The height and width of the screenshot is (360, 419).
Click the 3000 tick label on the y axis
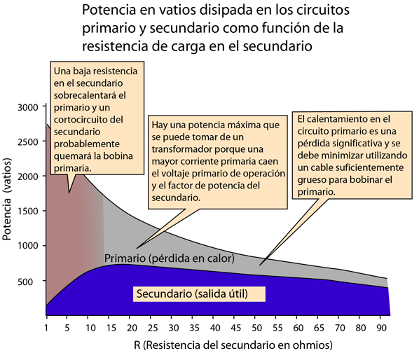click(28, 107)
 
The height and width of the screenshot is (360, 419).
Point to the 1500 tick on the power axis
click(28, 211)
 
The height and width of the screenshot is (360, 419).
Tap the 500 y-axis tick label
click(25, 282)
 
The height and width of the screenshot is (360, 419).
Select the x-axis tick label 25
click(153, 327)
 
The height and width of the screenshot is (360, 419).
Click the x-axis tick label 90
click(381, 327)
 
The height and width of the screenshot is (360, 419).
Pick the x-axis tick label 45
click(236, 327)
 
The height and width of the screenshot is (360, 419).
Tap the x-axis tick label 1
click(46, 327)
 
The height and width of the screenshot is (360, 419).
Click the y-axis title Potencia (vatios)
click(7, 199)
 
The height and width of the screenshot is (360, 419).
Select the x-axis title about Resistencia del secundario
click(233, 345)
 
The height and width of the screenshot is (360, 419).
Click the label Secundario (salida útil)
click(192, 293)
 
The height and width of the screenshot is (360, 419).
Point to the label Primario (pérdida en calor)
click(170, 258)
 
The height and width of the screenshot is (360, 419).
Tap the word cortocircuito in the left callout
click(88, 119)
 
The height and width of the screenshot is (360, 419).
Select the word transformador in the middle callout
click(181, 149)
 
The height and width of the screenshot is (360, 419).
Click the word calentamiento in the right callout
click(339, 119)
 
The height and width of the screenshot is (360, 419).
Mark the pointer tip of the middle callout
click(137, 249)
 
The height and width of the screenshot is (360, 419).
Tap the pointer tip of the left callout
click(69, 193)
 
